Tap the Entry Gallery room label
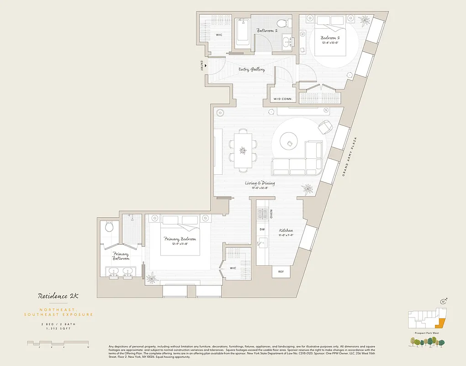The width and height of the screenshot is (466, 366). [252, 70]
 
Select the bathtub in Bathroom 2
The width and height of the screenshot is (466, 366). [242, 33]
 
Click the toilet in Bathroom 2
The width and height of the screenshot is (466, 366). [282, 23]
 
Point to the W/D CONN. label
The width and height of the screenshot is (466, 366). [284, 99]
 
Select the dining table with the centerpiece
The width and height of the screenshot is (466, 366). [243, 150]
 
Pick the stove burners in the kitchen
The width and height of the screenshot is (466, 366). [263, 214]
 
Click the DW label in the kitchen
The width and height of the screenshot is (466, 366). [262, 230]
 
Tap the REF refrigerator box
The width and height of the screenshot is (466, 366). [281, 272]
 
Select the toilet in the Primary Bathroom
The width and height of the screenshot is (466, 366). [109, 226]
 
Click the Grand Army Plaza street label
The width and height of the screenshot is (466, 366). [351, 157]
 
